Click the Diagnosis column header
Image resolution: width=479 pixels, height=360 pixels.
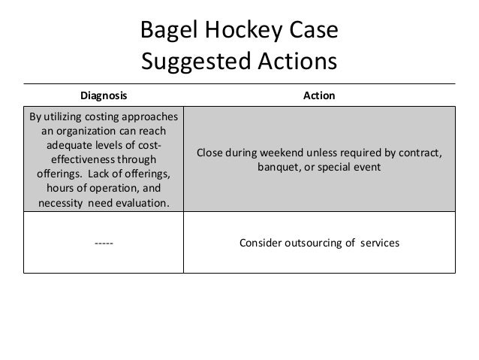[x=104, y=96]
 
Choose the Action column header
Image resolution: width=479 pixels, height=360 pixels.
[x=319, y=96]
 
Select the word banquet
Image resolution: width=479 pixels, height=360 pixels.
[x=279, y=167]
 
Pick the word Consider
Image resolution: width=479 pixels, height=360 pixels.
[x=259, y=243]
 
